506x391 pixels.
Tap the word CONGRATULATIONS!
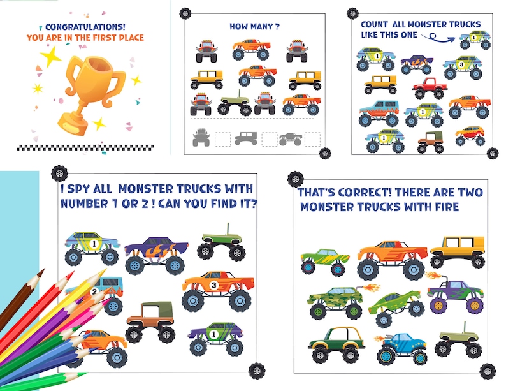pos(84,27)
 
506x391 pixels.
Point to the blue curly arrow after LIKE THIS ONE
pos(446,38)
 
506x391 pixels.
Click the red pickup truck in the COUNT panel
pos(428,88)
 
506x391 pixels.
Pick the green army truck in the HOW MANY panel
pos(236,105)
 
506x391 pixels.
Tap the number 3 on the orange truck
pos(214,284)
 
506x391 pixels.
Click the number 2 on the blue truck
pos(94,292)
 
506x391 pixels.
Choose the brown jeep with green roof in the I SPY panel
pos(150,320)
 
